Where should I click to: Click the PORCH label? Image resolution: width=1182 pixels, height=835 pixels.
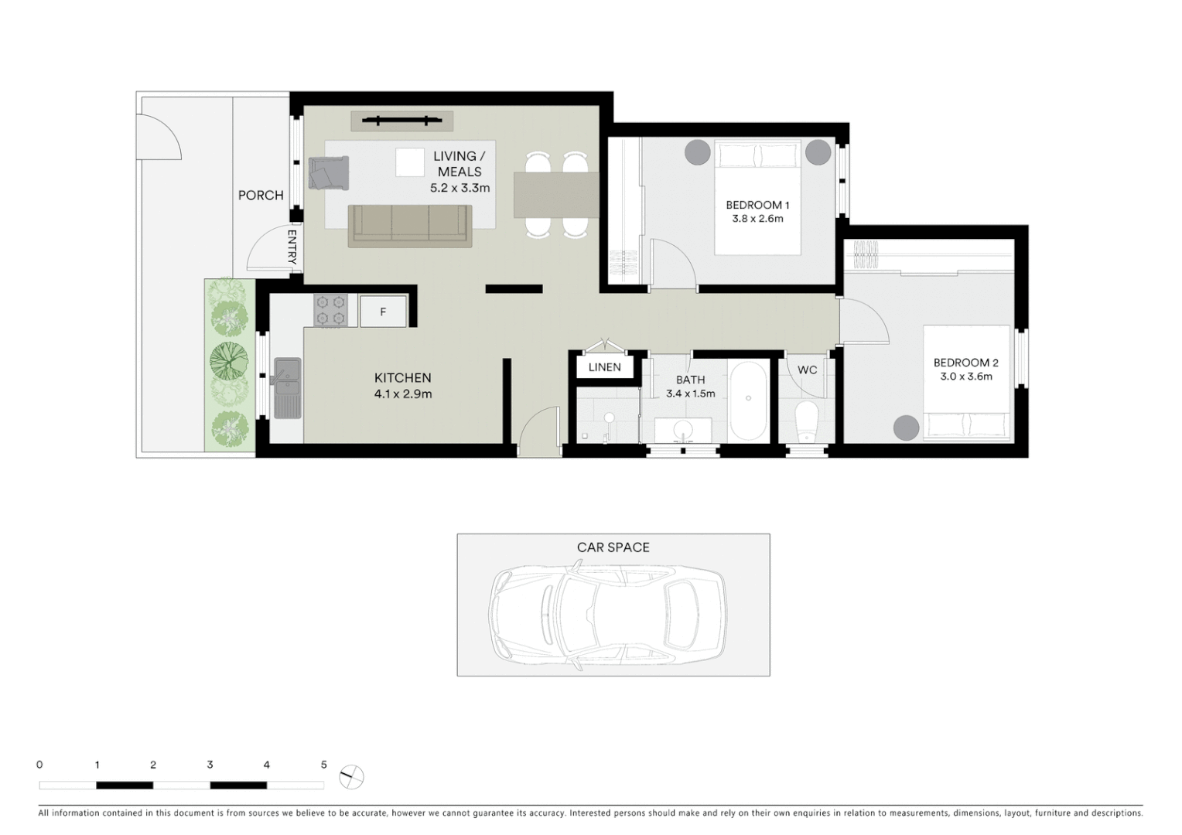[x=261, y=196]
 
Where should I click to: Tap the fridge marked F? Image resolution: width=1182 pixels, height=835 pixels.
[x=383, y=312]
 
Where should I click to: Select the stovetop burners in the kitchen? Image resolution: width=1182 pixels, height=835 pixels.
[x=330, y=310]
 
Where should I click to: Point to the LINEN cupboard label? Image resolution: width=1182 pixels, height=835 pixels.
[x=604, y=367]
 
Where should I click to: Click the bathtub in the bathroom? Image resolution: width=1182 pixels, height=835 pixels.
[x=748, y=400]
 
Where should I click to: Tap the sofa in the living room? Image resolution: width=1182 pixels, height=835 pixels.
[x=409, y=226]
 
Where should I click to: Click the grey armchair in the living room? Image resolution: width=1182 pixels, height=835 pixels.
[x=328, y=172]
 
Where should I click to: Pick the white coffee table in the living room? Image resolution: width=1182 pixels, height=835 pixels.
[x=410, y=162]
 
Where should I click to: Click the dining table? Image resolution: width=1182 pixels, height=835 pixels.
[x=556, y=194]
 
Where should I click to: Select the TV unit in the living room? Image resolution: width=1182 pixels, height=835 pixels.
[x=401, y=121]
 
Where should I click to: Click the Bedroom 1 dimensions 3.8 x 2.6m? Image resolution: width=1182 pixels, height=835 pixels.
[x=757, y=219]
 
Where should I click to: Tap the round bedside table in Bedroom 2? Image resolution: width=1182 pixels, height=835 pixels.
[x=906, y=428]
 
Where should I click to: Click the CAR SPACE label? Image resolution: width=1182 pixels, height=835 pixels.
[x=613, y=547]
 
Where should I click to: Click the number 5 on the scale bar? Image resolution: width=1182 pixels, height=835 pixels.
[x=323, y=765]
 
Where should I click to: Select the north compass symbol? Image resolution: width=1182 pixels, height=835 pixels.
[x=351, y=776]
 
